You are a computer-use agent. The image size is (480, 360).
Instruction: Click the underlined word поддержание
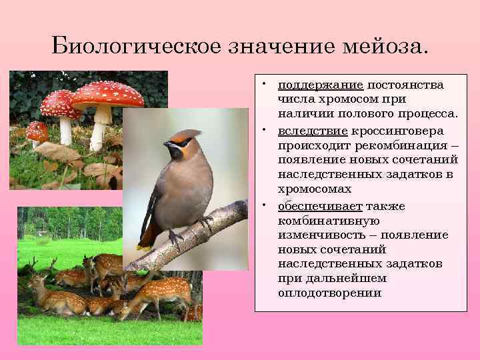pos(320,85)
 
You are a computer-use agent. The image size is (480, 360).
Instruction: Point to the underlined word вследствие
pos(313,131)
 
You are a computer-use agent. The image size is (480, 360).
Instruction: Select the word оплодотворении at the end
pos(329,293)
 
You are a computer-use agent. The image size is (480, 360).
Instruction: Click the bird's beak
pos(165,145)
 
